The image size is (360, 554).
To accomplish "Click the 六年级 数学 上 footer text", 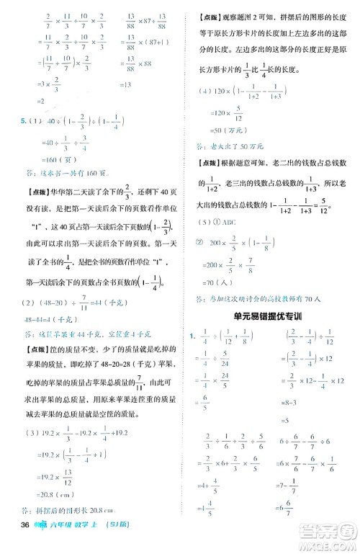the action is point(78,542).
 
